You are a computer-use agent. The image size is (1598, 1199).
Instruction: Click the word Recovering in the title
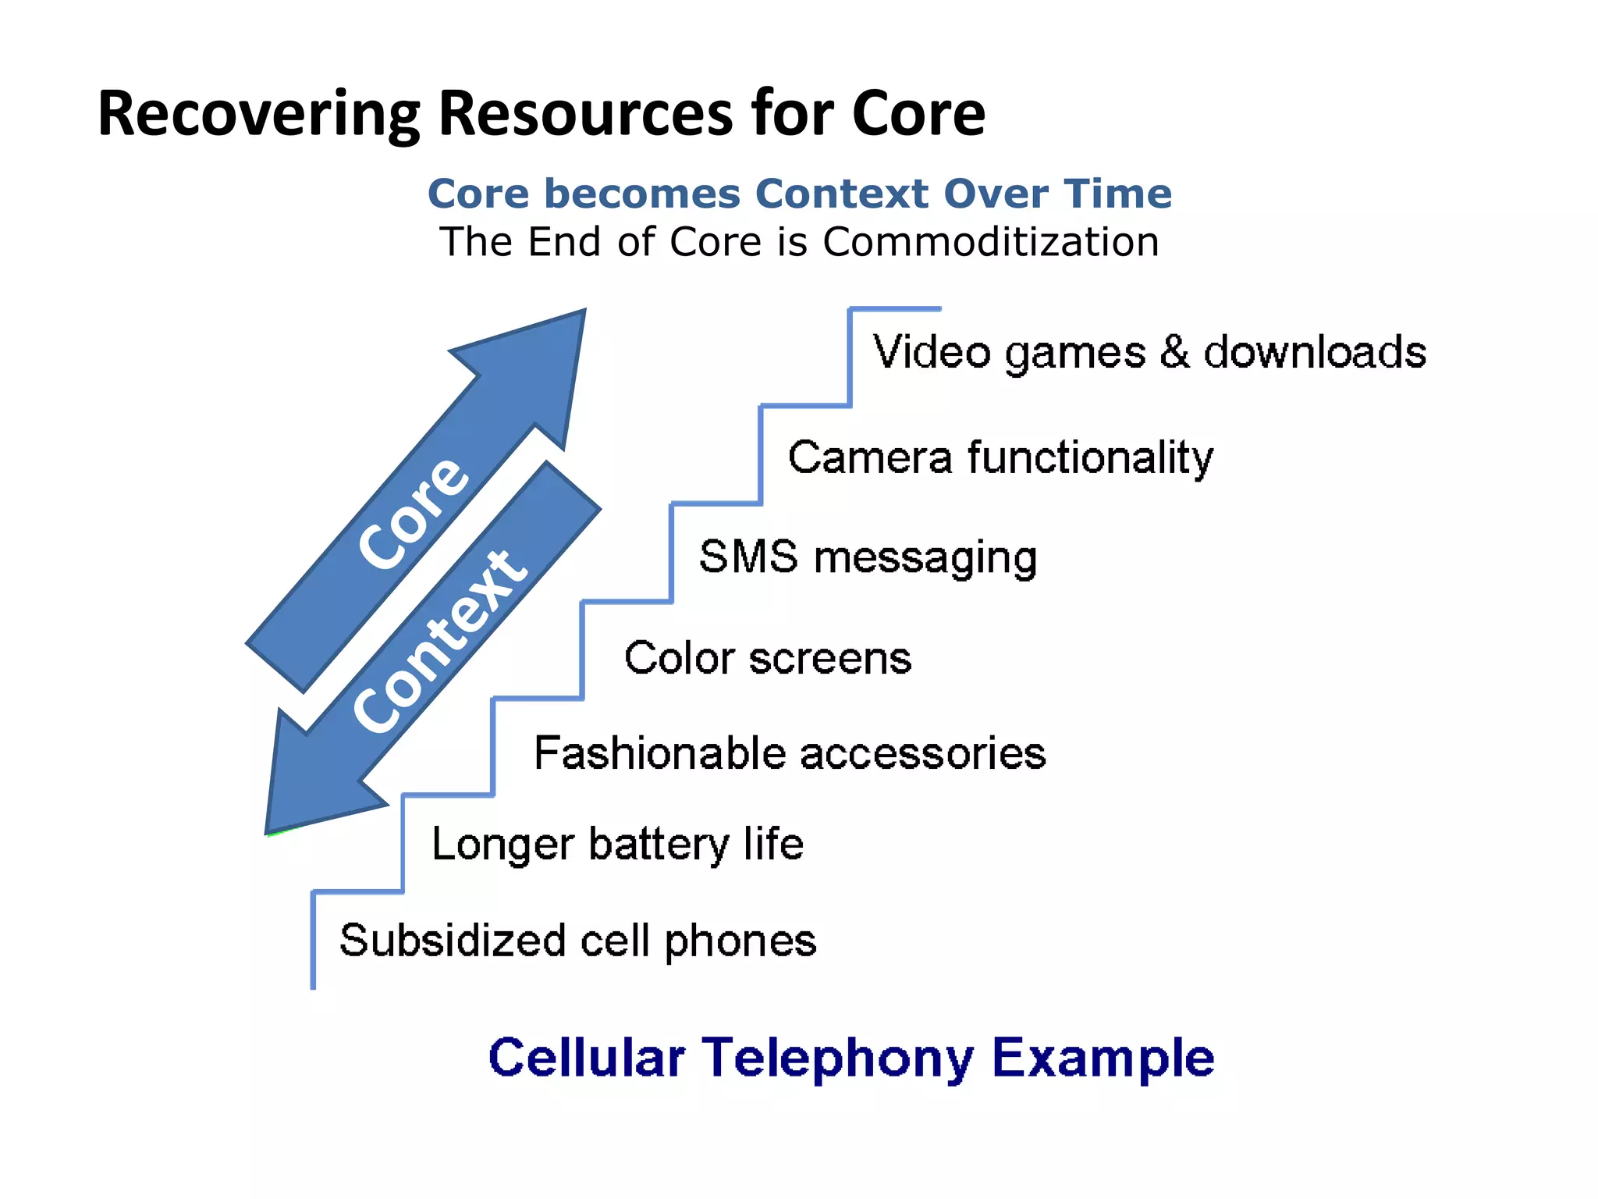[258, 115]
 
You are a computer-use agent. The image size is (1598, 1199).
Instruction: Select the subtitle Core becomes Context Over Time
[799, 194]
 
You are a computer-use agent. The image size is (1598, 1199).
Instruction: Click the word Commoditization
[991, 242]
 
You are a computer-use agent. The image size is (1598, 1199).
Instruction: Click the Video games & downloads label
[1149, 352]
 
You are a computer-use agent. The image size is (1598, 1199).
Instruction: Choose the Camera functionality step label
[1000, 457]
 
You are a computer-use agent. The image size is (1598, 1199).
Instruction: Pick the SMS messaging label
[868, 557]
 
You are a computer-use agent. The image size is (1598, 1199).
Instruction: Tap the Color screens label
[768, 658]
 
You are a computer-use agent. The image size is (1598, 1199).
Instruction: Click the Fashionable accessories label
[790, 753]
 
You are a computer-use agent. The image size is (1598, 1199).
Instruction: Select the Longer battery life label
[617, 845]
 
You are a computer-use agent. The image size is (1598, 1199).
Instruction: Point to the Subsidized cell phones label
[578, 941]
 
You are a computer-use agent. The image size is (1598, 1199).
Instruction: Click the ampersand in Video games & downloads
[1174, 352]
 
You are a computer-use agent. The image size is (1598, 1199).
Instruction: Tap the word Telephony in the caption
[838, 1058]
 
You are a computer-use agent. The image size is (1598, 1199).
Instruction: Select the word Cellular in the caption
[587, 1058]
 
